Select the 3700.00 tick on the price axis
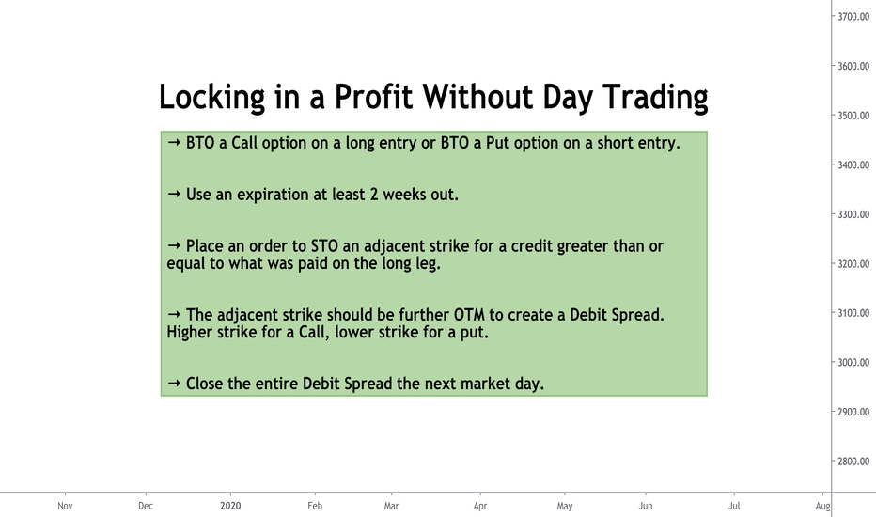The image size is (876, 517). [853, 17]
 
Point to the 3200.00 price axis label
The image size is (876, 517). [853, 264]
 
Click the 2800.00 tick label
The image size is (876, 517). [853, 462]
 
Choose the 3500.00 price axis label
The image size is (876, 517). [853, 116]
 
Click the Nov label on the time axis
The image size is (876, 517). [66, 506]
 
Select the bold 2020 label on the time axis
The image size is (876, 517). [230, 506]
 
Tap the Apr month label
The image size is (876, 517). [480, 507]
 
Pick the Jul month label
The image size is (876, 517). [734, 506]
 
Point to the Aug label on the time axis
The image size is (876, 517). [822, 507]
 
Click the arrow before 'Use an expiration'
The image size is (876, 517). [174, 194]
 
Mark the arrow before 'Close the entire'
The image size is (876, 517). [174, 384]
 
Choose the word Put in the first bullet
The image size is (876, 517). [498, 143]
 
